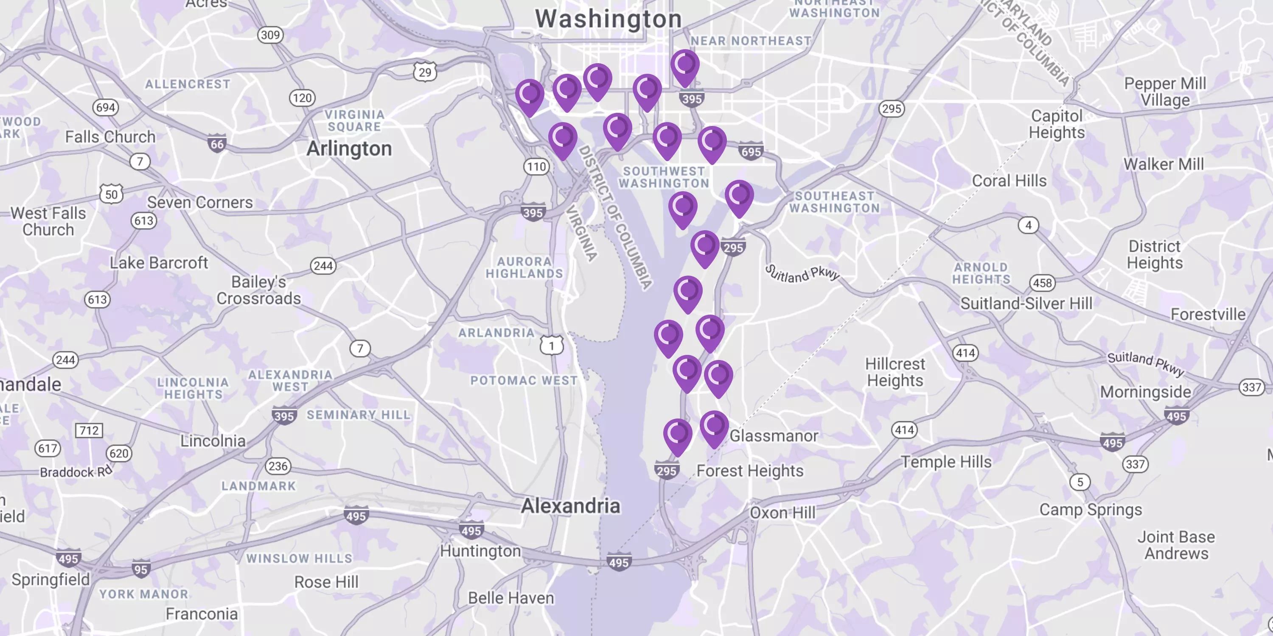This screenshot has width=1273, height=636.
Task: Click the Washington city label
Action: click(608, 19)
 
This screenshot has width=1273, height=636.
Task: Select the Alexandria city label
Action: click(570, 506)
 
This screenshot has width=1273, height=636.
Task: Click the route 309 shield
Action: click(270, 35)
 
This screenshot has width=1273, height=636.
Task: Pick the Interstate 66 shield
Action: click(217, 144)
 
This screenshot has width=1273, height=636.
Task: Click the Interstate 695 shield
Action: click(751, 151)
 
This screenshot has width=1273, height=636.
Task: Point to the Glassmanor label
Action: click(774, 436)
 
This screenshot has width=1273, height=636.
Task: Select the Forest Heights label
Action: click(750, 471)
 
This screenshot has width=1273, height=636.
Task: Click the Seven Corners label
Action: click(199, 202)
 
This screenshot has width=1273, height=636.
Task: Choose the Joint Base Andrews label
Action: click(1176, 545)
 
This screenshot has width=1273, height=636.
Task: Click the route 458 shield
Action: click(1042, 283)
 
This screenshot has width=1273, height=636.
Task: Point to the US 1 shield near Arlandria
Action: click(552, 345)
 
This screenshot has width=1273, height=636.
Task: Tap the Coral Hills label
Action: click(1009, 181)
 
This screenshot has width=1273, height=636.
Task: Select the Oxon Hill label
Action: click(782, 513)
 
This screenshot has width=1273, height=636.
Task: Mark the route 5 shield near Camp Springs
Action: click(1080, 482)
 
